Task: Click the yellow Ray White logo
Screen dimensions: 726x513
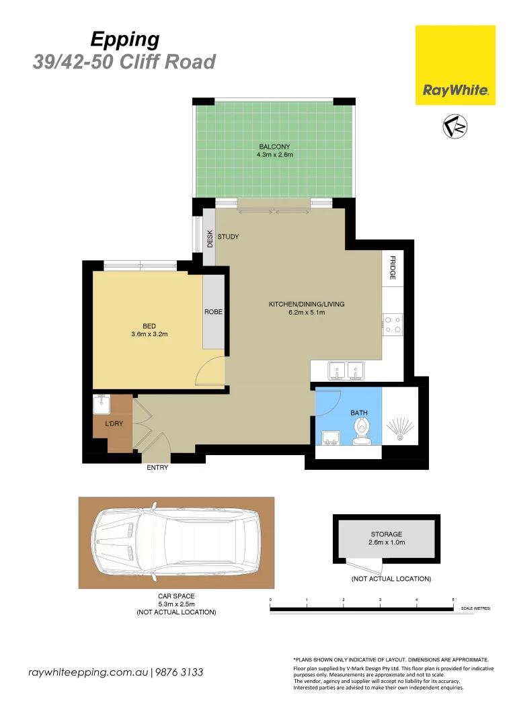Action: tap(455, 65)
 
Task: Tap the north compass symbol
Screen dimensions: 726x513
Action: tap(455, 126)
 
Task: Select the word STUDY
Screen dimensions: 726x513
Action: tap(228, 237)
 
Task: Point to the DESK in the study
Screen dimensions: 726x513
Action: tap(210, 239)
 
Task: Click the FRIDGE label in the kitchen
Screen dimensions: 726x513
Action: tap(392, 268)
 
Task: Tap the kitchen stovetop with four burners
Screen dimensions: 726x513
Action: tap(393, 325)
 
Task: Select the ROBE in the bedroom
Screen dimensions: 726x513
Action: tap(213, 312)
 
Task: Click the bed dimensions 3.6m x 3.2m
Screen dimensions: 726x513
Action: tap(149, 333)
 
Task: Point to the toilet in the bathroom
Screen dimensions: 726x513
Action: tap(362, 431)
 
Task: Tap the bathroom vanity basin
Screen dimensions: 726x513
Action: tap(330, 438)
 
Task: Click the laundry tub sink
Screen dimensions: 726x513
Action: tap(102, 404)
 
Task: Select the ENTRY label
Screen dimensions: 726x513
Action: tap(157, 468)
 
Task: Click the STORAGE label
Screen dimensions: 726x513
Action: tap(386, 534)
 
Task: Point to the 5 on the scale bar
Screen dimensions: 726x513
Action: tap(453, 598)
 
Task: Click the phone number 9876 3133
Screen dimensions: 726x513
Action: tap(179, 672)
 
